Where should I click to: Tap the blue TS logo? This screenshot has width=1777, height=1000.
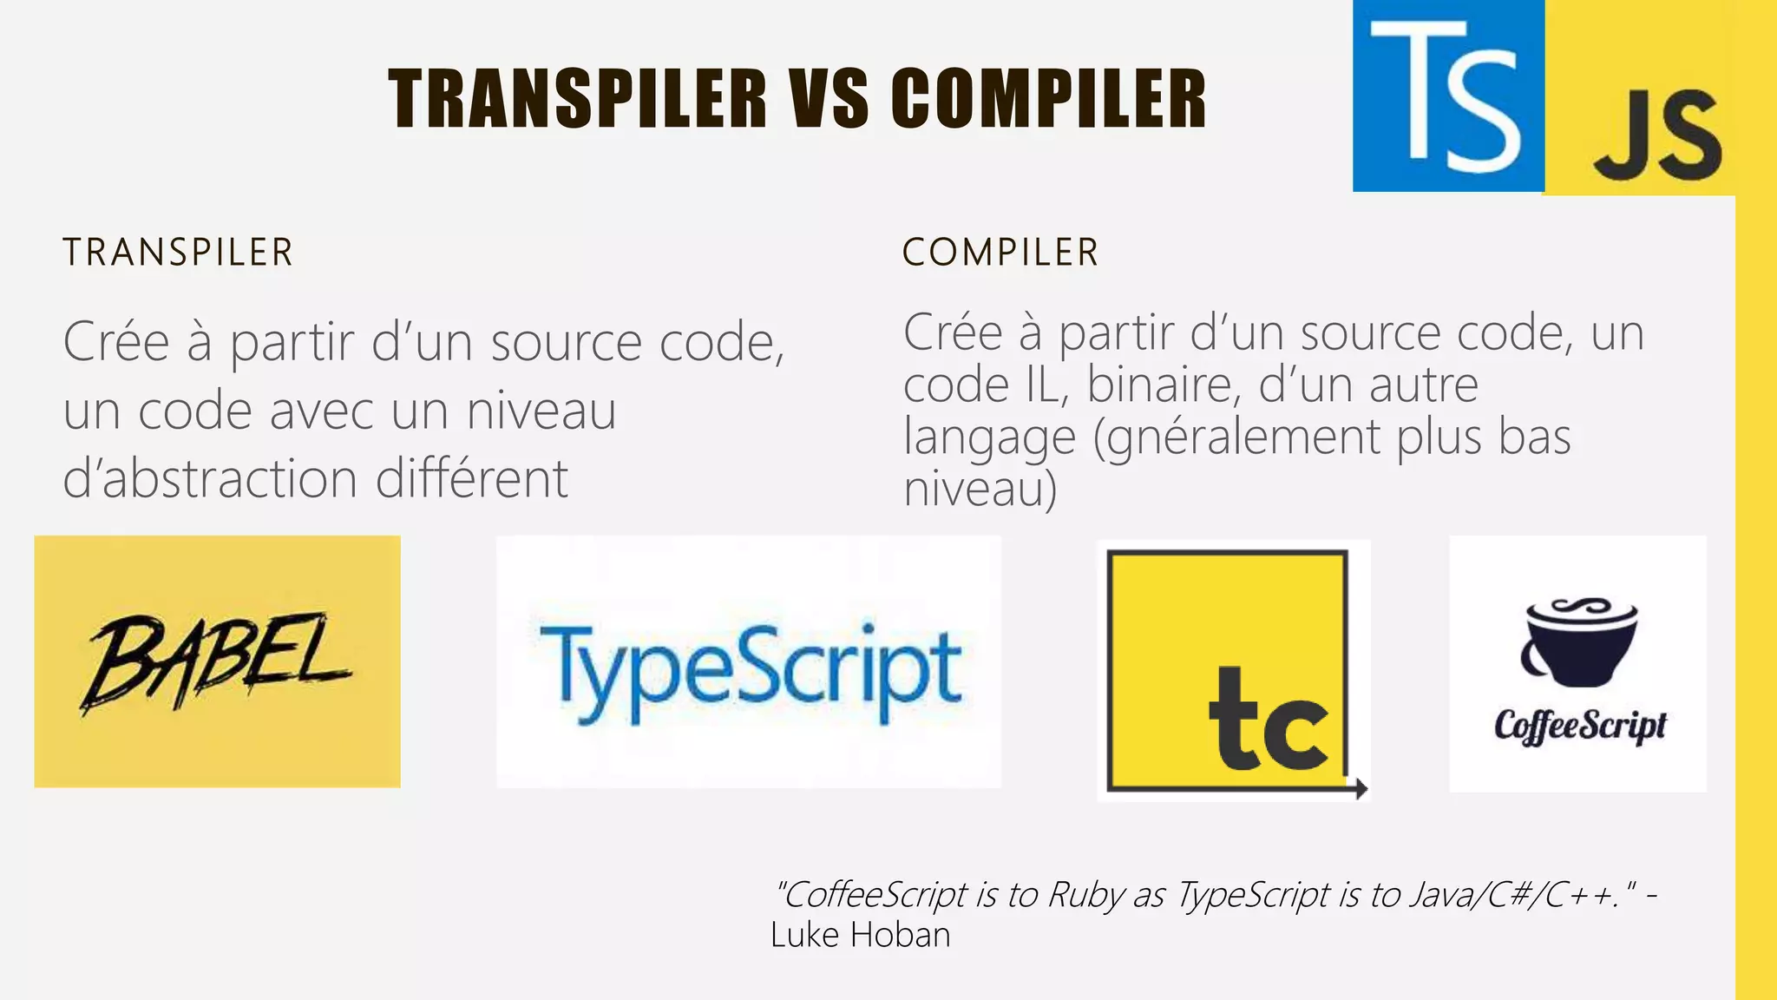[1448, 95]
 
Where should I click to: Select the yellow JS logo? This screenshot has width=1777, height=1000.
[1656, 135]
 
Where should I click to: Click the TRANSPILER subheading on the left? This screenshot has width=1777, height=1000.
[178, 253]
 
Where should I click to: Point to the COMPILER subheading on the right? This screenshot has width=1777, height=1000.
[1000, 253]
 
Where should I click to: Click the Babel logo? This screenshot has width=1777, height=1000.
[217, 661]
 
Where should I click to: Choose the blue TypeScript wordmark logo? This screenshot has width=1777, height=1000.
[750, 670]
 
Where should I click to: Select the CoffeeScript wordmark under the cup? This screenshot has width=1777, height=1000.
[1579, 726]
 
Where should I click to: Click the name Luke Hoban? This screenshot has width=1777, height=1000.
[860, 935]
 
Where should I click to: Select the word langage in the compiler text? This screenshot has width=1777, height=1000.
[989, 437]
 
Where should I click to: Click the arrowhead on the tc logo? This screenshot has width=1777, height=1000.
[1361, 788]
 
